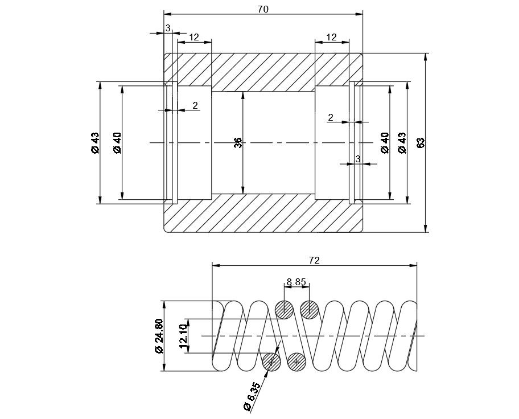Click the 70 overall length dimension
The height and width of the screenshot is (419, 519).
click(x=263, y=9)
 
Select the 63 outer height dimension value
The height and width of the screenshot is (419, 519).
click(x=421, y=142)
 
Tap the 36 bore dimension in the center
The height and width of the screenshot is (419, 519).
click(x=238, y=142)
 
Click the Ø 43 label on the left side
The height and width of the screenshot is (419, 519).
click(x=95, y=142)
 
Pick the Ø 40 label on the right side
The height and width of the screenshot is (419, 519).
click(x=385, y=142)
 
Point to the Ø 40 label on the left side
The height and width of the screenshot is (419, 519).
click(x=117, y=142)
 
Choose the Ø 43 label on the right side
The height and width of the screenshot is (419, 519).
click(x=402, y=142)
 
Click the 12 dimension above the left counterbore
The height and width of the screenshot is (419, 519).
click(x=193, y=37)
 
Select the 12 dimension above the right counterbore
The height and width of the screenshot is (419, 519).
click(x=332, y=37)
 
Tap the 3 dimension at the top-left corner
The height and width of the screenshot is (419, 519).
click(x=168, y=28)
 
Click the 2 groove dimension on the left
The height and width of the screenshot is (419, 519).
click(x=195, y=105)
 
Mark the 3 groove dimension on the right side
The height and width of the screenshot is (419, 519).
click(x=358, y=159)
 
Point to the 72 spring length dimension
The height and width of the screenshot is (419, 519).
click(x=314, y=260)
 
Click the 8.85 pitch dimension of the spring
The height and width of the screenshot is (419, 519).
click(x=296, y=281)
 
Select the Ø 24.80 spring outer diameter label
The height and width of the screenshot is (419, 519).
click(x=159, y=336)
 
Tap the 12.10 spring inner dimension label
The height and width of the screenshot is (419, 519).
click(x=183, y=336)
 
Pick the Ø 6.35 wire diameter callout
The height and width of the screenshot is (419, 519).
click(x=251, y=396)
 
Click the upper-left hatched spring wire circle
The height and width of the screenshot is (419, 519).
click(x=284, y=310)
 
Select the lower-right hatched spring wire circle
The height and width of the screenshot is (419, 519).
click(x=296, y=362)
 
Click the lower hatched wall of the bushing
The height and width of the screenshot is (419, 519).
click(x=263, y=213)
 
